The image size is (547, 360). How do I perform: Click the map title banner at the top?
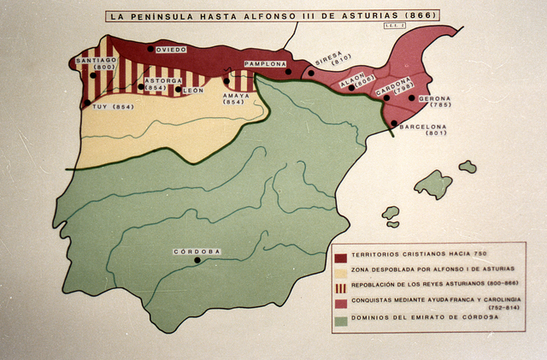[x=272, y=15]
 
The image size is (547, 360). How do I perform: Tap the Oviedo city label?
[x=171, y=50]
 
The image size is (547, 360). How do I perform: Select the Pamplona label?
[x=266, y=64]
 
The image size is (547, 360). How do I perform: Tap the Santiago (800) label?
[x=96, y=63]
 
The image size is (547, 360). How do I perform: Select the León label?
[x=194, y=90]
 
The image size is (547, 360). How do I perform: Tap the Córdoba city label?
[x=197, y=252]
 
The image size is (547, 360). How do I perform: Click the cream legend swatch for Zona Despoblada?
[x=340, y=271]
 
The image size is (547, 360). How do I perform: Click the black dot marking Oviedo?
[x=151, y=49]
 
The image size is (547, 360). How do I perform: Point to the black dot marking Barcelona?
[x=394, y=123]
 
